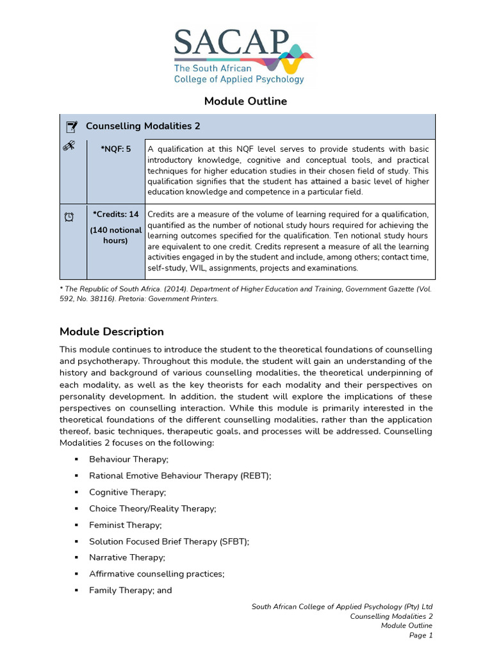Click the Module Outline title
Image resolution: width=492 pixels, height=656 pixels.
pyautogui.click(x=245, y=101)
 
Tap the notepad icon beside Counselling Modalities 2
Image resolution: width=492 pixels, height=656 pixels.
pyautogui.click(x=72, y=126)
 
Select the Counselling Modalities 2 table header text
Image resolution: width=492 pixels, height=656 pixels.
pyautogui.click(x=143, y=126)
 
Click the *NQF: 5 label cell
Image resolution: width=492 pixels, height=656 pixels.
pyautogui.click(x=115, y=149)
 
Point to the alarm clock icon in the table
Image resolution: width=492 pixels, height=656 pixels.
pyautogui.click(x=69, y=217)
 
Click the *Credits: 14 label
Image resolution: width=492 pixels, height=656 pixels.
pyautogui.click(x=115, y=214)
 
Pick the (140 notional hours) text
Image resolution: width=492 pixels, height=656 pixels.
pyautogui.click(x=115, y=235)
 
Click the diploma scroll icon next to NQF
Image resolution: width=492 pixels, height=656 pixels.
pyautogui.click(x=69, y=148)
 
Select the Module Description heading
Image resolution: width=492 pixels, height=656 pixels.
pyautogui.click(x=111, y=331)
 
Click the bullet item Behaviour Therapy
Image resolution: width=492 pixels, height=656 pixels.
pyautogui.click(x=129, y=459)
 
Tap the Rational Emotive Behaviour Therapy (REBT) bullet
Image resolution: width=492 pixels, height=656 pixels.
pyautogui.click(x=180, y=476)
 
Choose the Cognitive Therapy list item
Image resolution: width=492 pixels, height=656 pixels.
pyautogui.click(x=127, y=492)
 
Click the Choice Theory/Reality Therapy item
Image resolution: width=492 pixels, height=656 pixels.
pyautogui.click(x=152, y=509)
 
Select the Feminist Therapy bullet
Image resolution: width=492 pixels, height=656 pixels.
pyautogui.click(x=126, y=525)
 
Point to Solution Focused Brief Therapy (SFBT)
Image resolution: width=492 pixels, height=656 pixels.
pyautogui.click(x=169, y=541)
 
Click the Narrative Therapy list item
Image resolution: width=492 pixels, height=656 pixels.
pyautogui.click(x=127, y=557)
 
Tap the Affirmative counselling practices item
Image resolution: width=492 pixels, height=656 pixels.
pyautogui.click(x=156, y=574)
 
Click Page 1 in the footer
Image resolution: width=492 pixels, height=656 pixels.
pyautogui.click(x=421, y=635)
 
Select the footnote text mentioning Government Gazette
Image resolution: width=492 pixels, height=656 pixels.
pyautogui.click(x=245, y=294)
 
